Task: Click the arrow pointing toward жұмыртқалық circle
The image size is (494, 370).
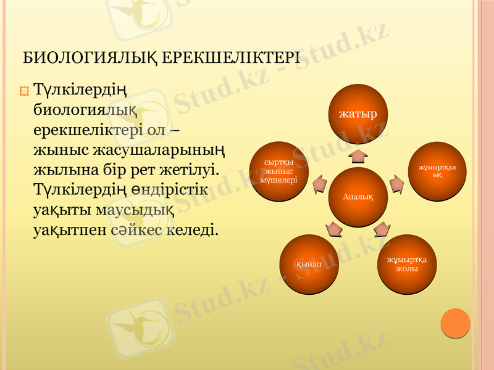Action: (x=398, y=183)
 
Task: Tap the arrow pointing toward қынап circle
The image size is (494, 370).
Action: (x=333, y=229)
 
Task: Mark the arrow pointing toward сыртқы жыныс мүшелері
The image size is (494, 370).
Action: (x=319, y=183)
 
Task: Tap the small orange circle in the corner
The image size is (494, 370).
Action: (x=456, y=323)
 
